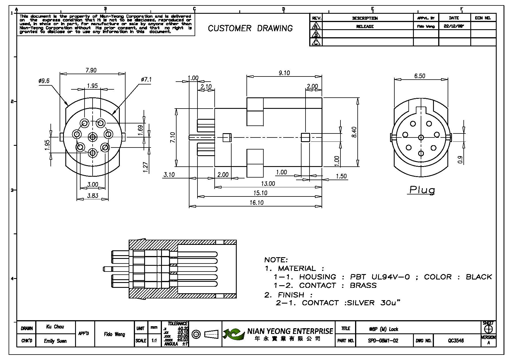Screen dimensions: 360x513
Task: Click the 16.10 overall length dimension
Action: pyautogui.click(x=256, y=202)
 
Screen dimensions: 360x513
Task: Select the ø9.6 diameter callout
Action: pyautogui.click(x=44, y=81)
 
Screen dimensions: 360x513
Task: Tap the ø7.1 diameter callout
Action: pyautogui.click(x=146, y=80)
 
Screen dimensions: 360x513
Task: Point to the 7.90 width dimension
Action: pyautogui.click(x=91, y=70)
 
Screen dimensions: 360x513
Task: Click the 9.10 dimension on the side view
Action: pyautogui.click(x=284, y=73)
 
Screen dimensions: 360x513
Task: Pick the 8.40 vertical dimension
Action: pyautogui.click(x=354, y=132)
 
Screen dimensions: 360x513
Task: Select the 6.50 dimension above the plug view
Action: pyautogui.click(x=420, y=76)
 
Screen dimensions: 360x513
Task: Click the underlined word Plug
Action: pyautogui.click(x=422, y=190)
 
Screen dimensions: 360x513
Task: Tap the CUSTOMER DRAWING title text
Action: pyautogui.click(x=250, y=28)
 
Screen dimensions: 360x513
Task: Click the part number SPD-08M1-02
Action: pyautogui.click(x=383, y=341)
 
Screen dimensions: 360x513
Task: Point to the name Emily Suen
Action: pyautogui.click(x=55, y=341)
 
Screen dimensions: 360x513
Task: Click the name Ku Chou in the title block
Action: pyautogui.click(x=55, y=327)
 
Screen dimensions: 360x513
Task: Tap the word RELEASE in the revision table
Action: pyautogui.click(x=365, y=26)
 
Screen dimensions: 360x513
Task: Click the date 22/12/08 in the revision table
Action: pyautogui.click(x=454, y=26)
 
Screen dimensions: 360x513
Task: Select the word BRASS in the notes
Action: pyautogui.click(x=363, y=286)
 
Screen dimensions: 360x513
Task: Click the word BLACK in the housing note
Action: pyautogui.click(x=479, y=277)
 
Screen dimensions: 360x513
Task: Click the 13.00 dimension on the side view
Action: pyautogui.click(x=268, y=184)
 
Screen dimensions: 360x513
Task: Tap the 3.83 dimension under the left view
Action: pyautogui.click(x=93, y=196)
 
